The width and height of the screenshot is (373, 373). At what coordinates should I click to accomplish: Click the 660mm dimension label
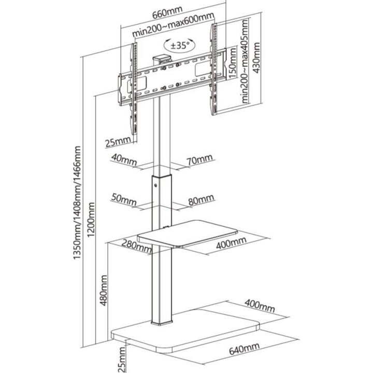[x=167, y=12]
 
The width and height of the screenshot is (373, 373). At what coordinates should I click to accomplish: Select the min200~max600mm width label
[x=173, y=25]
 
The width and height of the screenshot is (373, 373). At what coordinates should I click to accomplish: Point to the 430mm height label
[x=256, y=58]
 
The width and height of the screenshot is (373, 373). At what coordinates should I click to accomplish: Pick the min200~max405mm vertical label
[x=245, y=61]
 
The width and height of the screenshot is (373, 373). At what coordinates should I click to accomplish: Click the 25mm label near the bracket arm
[x=118, y=142]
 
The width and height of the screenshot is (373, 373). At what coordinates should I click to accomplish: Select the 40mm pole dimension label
[x=124, y=160]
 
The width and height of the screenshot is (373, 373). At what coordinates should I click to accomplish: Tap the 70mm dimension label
[x=199, y=160]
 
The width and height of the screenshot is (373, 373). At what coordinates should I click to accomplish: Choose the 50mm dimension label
[x=124, y=200]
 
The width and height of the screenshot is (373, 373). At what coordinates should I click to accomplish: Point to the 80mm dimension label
[x=201, y=200]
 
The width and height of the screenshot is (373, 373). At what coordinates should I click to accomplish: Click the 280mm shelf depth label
[x=137, y=246]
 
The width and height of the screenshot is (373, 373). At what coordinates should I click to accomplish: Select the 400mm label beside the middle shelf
[x=231, y=243]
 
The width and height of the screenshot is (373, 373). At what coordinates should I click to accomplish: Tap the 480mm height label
[x=104, y=290]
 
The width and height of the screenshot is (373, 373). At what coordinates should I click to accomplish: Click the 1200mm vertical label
[x=91, y=220]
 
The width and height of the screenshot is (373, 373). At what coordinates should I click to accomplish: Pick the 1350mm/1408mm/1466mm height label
[x=77, y=203]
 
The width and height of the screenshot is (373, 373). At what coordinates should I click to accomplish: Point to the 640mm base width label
[x=244, y=349]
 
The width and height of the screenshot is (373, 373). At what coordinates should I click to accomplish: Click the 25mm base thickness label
[x=122, y=360]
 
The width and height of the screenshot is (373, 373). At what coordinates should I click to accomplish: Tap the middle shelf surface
[x=188, y=233]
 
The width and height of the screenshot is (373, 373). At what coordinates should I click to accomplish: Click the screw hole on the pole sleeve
[x=155, y=185]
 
